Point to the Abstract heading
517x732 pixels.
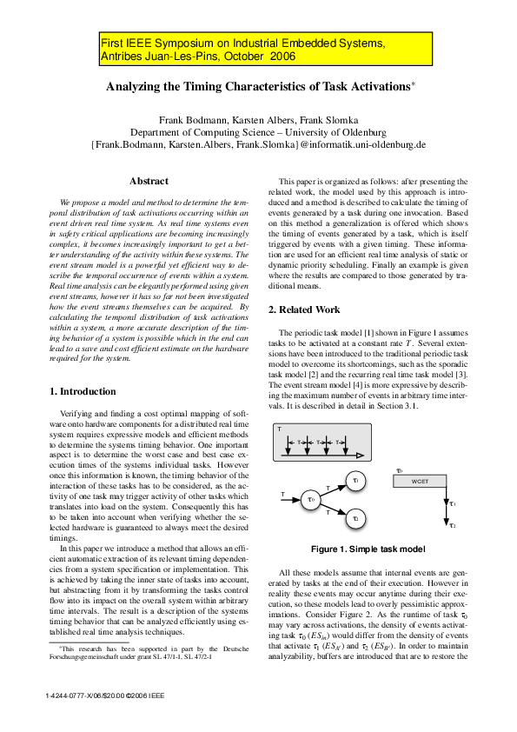pyautogui.click(x=149, y=181)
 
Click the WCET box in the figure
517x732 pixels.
pyautogui.click(x=420, y=480)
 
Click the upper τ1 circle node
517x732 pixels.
pyautogui.click(x=356, y=480)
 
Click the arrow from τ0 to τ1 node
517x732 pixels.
pyautogui.click(x=333, y=489)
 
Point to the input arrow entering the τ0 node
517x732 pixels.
pyautogui.click(x=288, y=499)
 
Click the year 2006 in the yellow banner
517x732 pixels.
pyautogui.click(x=282, y=57)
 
